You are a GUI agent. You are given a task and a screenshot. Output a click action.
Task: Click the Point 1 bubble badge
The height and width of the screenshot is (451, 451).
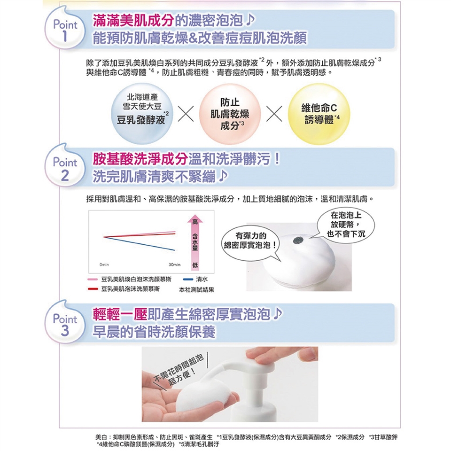(x=65, y=29)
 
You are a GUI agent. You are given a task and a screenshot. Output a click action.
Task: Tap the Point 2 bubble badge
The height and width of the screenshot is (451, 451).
(x=65, y=167)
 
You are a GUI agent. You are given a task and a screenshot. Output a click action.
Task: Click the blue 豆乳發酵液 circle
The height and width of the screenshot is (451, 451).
(x=142, y=113)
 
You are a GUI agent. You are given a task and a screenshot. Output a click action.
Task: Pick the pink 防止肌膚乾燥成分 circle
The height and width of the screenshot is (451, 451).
(x=230, y=113)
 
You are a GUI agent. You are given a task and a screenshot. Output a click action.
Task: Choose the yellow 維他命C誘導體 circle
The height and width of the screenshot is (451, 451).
(x=319, y=113)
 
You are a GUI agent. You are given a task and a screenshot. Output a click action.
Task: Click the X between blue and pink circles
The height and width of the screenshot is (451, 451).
(x=186, y=113)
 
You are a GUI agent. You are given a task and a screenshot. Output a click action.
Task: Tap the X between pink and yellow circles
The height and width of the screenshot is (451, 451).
(x=274, y=113)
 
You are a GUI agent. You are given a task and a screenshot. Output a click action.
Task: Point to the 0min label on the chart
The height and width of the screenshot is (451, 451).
(x=104, y=264)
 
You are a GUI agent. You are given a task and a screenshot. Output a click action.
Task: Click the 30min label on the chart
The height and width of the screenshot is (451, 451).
(x=175, y=264)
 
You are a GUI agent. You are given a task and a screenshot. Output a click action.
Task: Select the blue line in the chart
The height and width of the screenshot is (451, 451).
(x=139, y=243)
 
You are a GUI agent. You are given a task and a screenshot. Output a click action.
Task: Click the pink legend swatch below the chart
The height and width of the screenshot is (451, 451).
(x=93, y=279)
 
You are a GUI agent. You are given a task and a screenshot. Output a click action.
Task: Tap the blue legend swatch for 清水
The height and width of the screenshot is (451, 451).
(x=188, y=279)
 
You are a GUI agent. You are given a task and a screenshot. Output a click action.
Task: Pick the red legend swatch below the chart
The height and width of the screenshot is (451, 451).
(x=93, y=289)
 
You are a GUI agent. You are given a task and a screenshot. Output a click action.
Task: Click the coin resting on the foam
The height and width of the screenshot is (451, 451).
(x=298, y=241)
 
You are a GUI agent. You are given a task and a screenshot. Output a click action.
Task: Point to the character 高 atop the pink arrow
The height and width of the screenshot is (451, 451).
(x=195, y=221)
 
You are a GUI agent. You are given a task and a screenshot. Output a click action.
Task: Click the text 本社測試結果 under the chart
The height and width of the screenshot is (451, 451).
(x=196, y=290)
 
